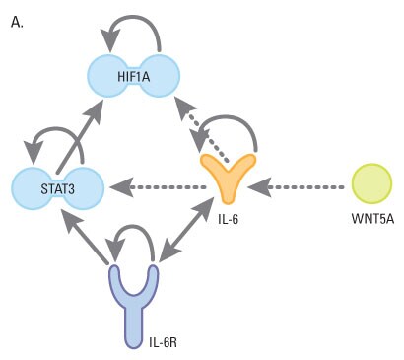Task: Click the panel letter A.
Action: (16, 21)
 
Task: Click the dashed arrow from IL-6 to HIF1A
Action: (202, 127)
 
